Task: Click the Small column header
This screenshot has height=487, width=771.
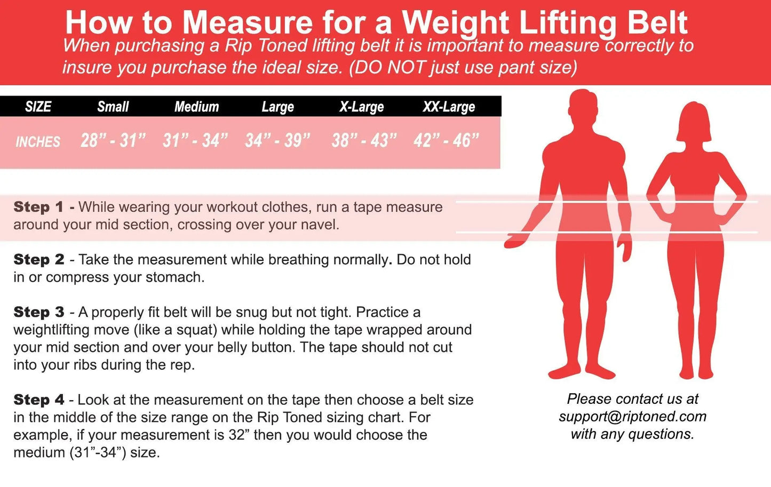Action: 113,107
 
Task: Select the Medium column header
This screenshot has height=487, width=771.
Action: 196,107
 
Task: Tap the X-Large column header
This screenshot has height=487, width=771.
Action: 361,107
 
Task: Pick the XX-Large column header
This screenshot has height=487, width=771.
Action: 449,107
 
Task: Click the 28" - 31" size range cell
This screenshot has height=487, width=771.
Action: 113,140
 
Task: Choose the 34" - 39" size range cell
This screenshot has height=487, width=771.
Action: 278,140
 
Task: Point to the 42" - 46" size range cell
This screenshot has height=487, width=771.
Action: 447,140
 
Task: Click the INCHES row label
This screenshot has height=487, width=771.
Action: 38,142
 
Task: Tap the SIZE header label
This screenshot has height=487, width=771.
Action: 38,107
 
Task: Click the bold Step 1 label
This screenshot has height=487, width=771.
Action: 38,207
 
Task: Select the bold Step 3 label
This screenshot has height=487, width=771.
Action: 39,312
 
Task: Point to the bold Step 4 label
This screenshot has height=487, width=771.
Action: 39,400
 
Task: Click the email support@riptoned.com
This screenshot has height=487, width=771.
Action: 633,417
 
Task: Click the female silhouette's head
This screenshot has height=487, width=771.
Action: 694,121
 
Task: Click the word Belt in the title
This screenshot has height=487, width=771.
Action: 657,23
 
